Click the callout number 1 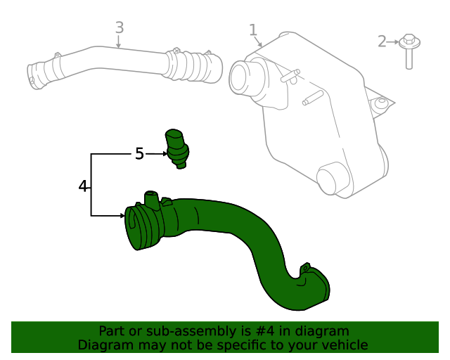253,30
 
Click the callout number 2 382,41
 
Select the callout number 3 120,27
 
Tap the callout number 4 83,186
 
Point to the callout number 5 139,153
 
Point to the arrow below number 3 120,42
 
